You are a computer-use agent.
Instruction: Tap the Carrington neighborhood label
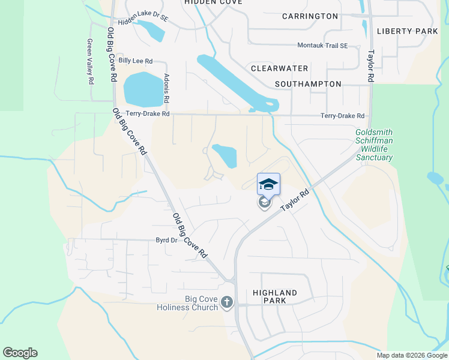(310, 16)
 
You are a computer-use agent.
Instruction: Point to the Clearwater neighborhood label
(280, 69)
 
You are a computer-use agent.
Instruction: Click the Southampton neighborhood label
(308, 84)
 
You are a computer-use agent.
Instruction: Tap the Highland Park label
(275, 296)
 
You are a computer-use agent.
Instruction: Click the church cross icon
(227, 302)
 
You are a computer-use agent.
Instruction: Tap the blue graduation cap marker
(268, 184)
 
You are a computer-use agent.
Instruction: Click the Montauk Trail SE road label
(323, 46)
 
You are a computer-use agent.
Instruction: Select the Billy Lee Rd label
(136, 61)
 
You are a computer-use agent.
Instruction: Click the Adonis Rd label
(166, 87)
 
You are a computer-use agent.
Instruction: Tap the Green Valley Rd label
(91, 61)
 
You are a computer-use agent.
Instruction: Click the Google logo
(20, 353)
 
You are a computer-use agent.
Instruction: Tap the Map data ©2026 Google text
(412, 355)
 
